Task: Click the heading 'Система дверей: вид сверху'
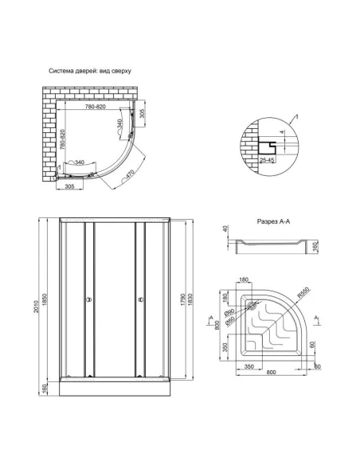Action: click(x=90, y=72)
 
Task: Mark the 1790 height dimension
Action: click(x=182, y=299)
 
